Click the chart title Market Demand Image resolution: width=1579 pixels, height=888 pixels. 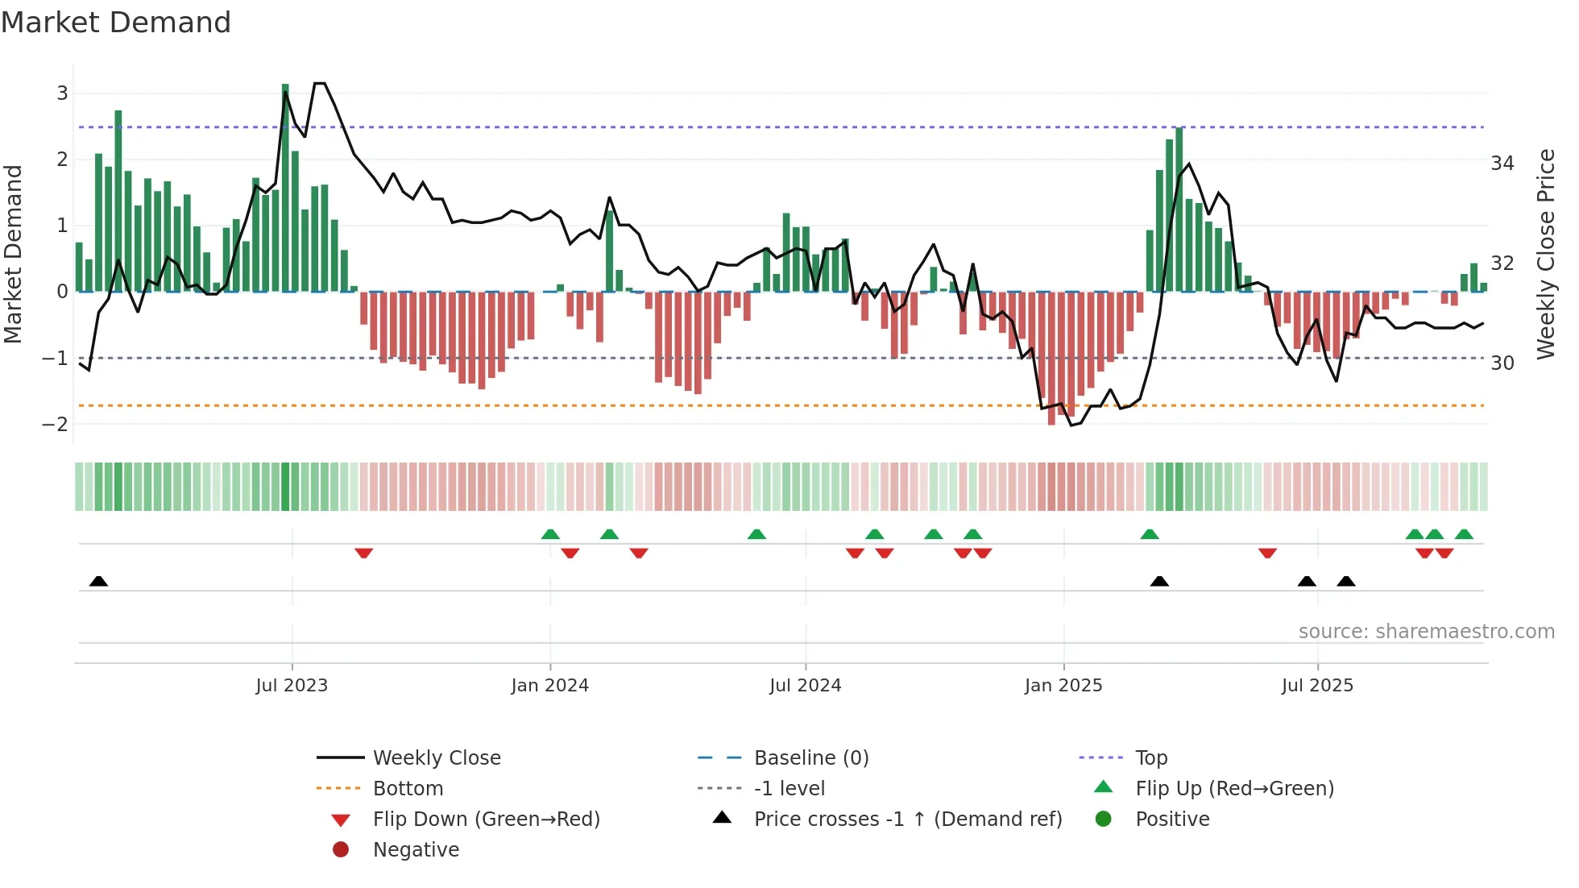[x=116, y=23]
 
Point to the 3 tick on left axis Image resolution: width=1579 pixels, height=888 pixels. [x=62, y=93]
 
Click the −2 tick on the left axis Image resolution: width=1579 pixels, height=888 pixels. [x=56, y=425]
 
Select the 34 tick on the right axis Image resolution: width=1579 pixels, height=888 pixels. [x=1502, y=164]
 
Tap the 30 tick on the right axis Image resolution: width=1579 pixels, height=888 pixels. [x=1502, y=363]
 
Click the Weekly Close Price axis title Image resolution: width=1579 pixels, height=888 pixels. [x=1545, y=254]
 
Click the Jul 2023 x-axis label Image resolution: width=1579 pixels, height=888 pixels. [x=292, y=686]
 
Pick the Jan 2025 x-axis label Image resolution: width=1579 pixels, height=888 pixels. [x=1063, y=686]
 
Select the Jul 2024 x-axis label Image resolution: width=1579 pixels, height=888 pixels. [x=805, y=686]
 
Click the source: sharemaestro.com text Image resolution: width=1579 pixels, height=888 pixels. [x=1426, y=632]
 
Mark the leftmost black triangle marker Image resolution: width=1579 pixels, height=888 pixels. [x=98, y=581]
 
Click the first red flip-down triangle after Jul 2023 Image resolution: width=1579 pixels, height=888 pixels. [x=363, y=553]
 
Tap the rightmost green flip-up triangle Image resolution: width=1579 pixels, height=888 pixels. [x=1464, y=534]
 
